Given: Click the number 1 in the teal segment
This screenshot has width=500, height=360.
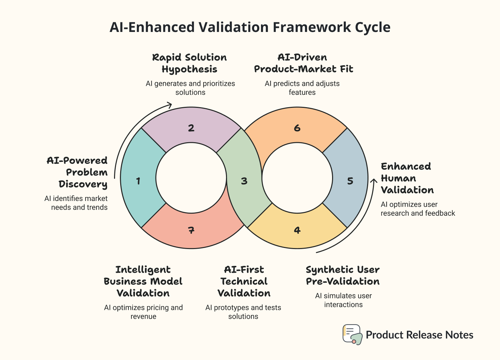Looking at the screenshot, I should pos(138,181).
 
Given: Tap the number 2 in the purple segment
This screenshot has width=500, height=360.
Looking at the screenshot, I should pos(191,128).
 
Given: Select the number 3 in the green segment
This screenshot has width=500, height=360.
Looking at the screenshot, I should pos(244,181).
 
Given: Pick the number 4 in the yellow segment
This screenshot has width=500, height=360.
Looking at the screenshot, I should pos(297,230).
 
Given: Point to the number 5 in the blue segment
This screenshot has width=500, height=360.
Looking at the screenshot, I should pos(350,181).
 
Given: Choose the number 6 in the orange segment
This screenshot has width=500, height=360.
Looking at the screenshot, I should pos(297,128).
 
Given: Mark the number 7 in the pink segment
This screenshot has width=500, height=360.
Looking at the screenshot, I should pos(191,230).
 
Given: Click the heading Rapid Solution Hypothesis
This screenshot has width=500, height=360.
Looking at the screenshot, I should pos(190,63).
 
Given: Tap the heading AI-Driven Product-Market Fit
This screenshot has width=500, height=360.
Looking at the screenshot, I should pos(303,63).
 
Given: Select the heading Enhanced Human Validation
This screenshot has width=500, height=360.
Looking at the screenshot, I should pos(407,178).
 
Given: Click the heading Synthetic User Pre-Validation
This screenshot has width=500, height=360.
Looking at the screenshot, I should pos(343,275).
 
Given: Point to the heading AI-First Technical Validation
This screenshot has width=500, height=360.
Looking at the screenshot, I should pos(244,281).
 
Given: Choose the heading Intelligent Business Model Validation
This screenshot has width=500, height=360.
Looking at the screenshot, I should pos(143,281).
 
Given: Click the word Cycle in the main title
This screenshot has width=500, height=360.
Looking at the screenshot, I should pos(372,27).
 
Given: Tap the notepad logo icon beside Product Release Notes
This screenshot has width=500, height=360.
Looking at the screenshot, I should pos(352,334).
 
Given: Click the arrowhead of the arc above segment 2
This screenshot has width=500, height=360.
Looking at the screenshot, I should pos(169,104).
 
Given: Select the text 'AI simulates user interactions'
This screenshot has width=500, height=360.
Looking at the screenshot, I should pos(343,300).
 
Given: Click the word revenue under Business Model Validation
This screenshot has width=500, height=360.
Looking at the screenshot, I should pos(143,316).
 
